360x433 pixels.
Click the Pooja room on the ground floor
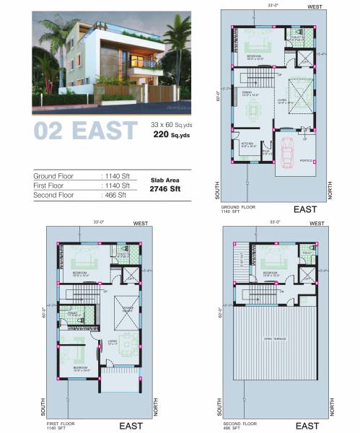pyautogui.click(x=266, y=152)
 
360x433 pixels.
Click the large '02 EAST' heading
pyautogui.click(x=85, y=131)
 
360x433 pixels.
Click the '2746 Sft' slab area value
pyautogui.click(x=165, y=188)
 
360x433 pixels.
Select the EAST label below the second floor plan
pyautogui.click(x=307, y=427)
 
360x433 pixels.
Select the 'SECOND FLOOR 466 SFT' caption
pyautogui.click(x=241, y=424)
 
